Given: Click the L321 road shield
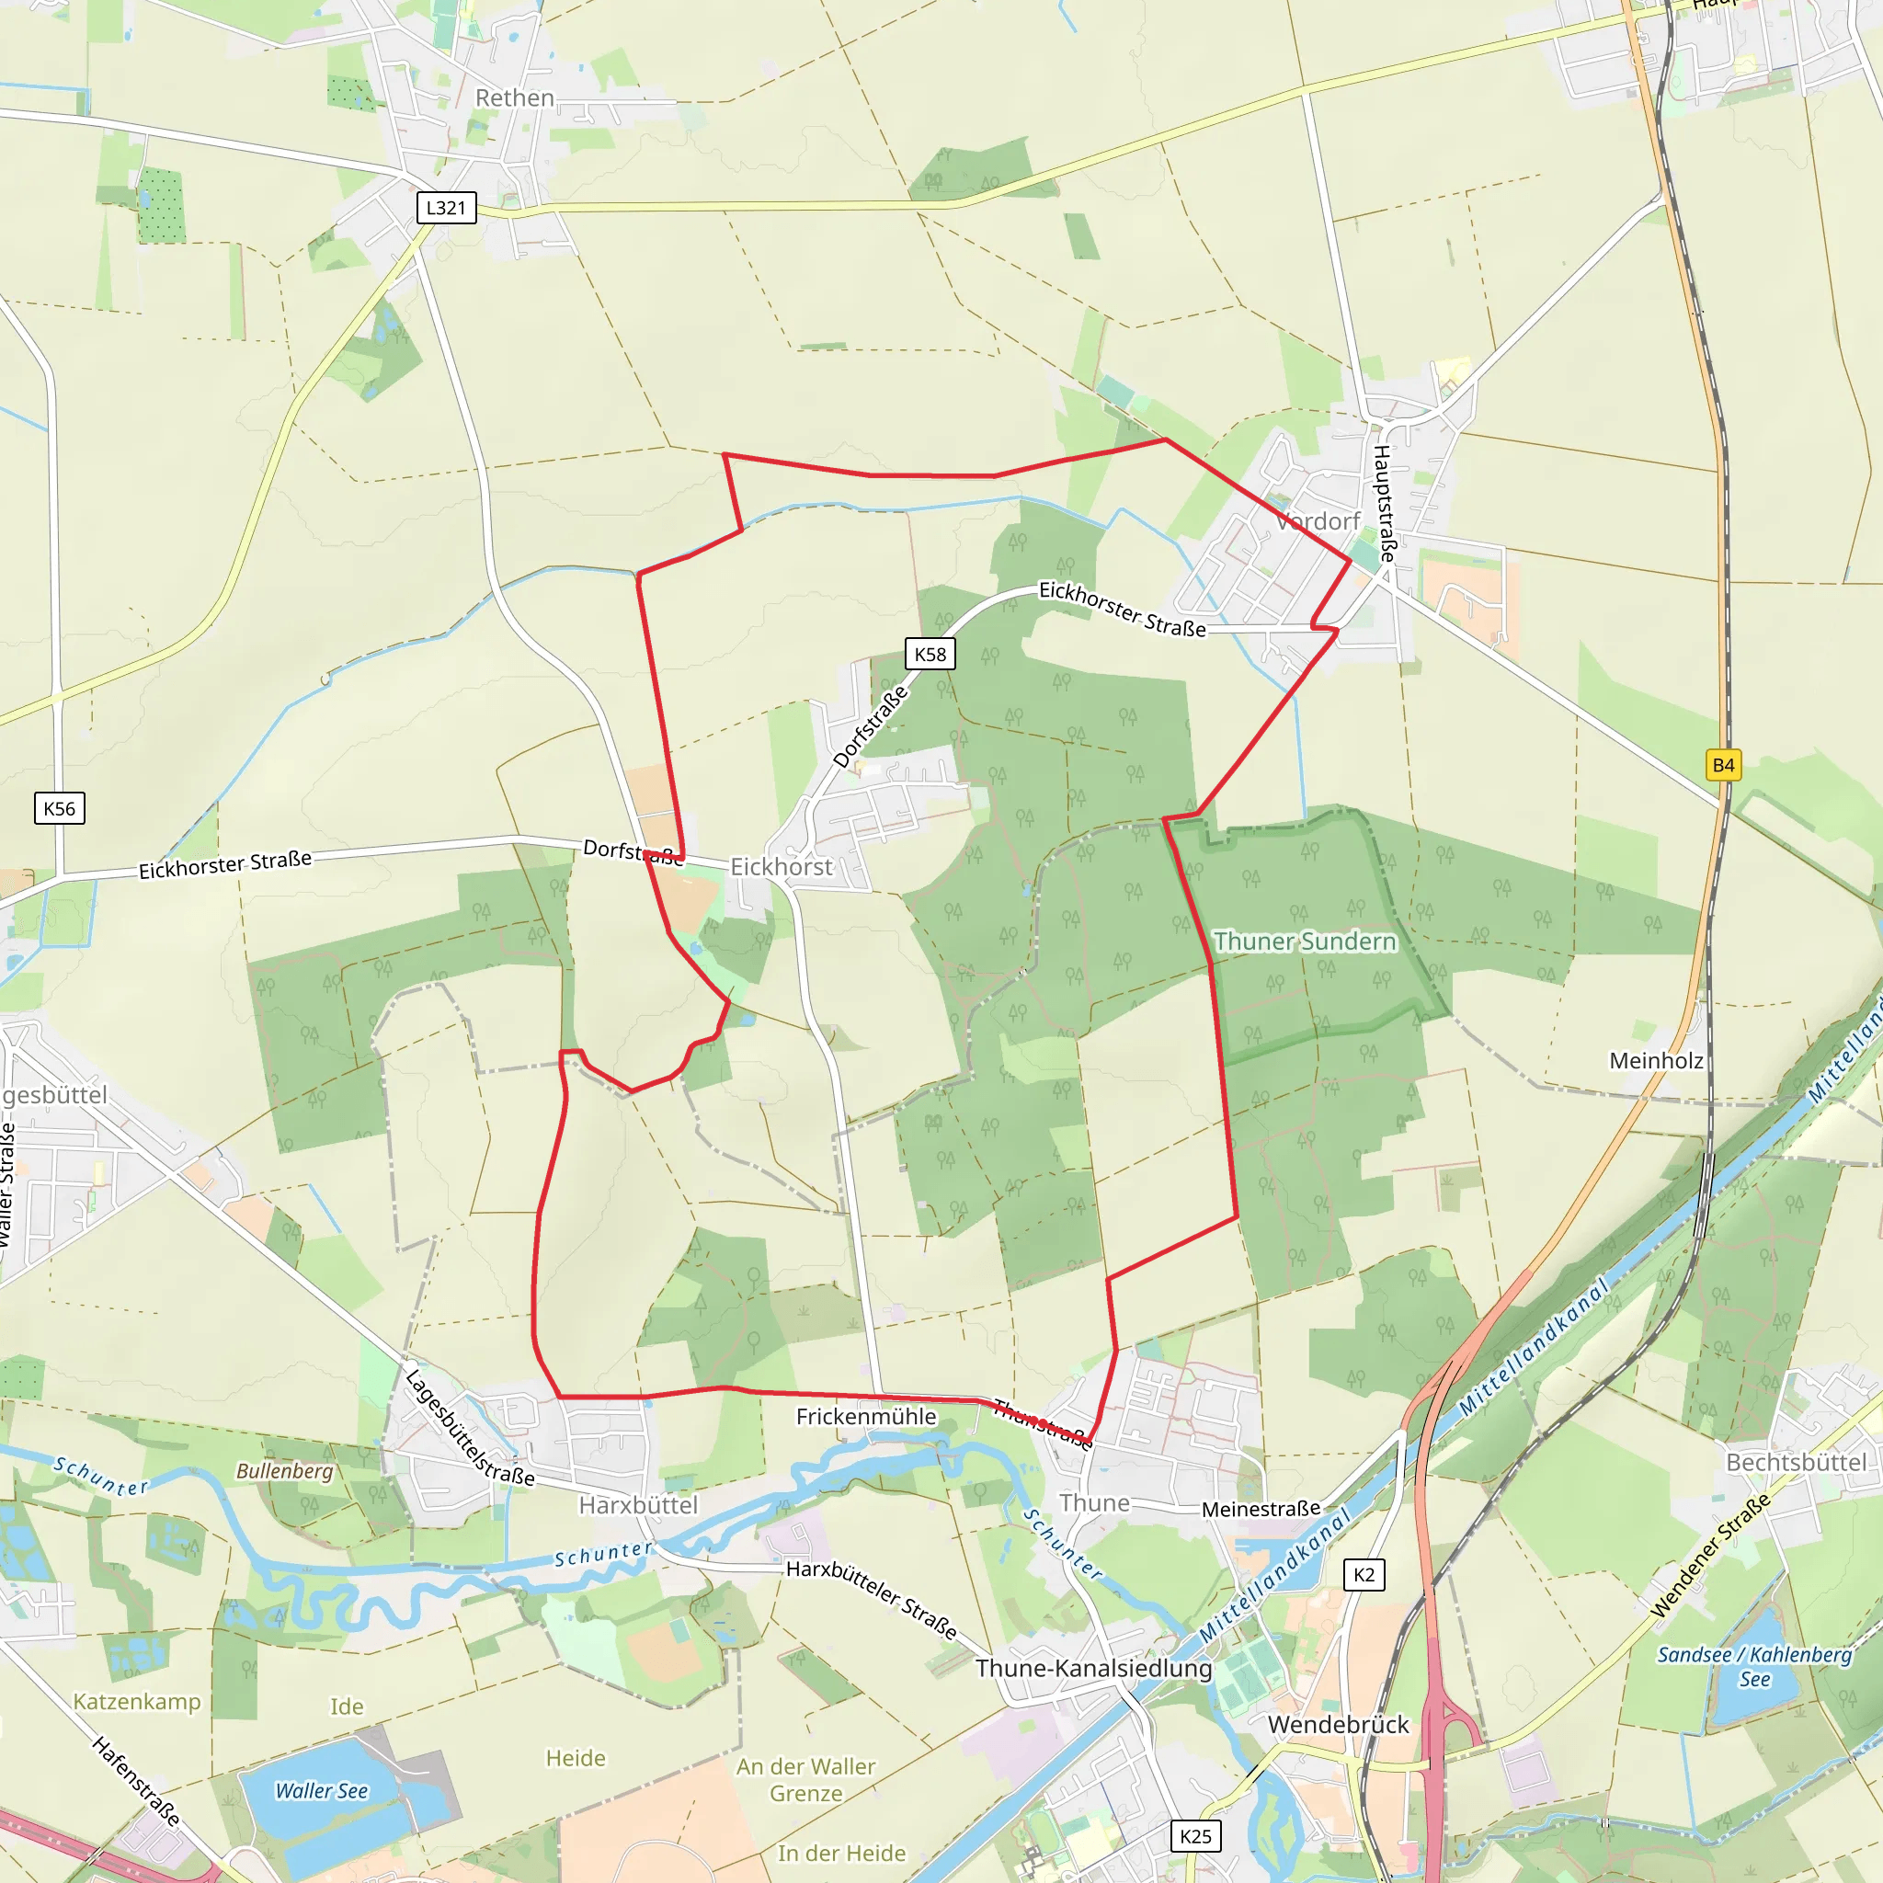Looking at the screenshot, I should (x=446, y=208).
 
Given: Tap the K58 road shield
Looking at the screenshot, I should (x=930, y=654).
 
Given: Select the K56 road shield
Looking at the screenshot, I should (x=60, y=808).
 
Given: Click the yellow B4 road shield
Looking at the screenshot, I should (x=1723, y=765).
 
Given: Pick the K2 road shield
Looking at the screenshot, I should (x=1364, y=1574).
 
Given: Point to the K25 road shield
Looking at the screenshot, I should (x=1195, y=1836).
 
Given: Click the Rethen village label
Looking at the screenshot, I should (x=515, y=98).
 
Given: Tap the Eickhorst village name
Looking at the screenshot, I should (x=782, y=866).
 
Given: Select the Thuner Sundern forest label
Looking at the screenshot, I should (x=1305, y=941).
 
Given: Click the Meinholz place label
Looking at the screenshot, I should (x=1656, y=1060).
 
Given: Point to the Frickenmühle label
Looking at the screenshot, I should (x=865, y=1416).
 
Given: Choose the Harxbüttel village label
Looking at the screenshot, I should (x=638, y=1505).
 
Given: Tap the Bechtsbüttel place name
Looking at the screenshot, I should (x=1797, y=1462).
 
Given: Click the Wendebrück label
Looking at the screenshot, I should (x=1338, y=1724).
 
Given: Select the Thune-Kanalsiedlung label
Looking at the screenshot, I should (x=1093, y=1668).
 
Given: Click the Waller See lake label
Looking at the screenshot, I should (x=322, y=1790).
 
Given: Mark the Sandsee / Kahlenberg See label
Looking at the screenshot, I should (x=1754, y=1666).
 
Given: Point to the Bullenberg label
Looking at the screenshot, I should (x=285, y=1471).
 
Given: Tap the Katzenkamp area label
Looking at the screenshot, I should (x=136, y=1702).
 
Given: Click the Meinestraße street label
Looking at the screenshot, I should (x=1261, y=1509).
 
